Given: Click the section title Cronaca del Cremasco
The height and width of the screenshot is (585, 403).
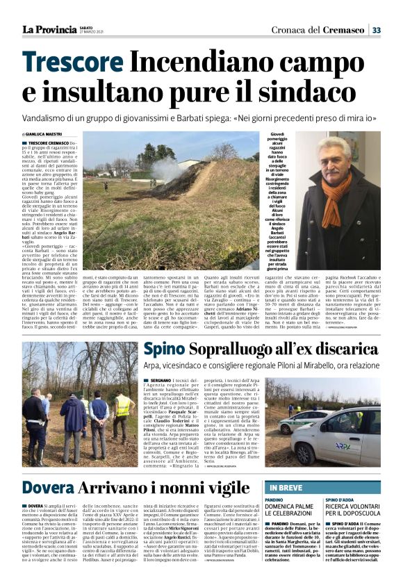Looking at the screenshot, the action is click(x=319, y=30).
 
